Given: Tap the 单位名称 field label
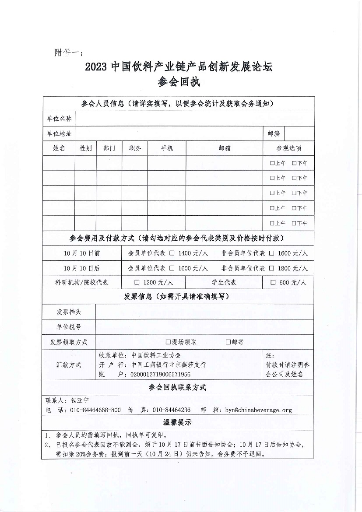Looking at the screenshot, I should point(59,119).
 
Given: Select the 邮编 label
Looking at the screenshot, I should point(274,133).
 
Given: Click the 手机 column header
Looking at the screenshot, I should point(167,148).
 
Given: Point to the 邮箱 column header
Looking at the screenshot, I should point(225,148).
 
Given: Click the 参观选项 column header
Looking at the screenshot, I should point(289,148).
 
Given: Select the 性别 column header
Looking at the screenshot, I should point(85,148).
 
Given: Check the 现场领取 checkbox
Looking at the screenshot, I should point(168,342).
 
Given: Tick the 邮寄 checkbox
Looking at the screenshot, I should point(228,342).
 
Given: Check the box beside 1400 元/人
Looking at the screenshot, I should point(172,253).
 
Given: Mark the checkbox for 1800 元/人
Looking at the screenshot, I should point(272,268).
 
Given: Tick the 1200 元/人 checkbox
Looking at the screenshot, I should point(137,282).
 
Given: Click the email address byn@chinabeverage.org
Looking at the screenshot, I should point(258,410).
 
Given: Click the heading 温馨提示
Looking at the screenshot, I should point(177,422).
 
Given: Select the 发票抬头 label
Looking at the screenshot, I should point(69,312).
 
